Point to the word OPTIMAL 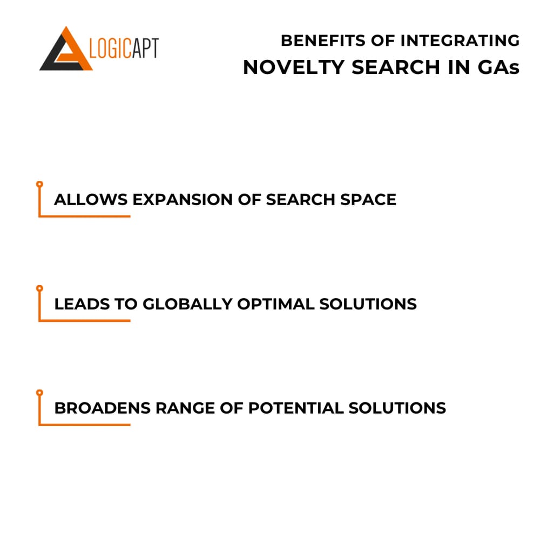pos(275,303)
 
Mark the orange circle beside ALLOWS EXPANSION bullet pos(39,184)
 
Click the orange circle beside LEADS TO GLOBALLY pos(39,288)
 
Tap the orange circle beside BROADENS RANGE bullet pos(39,393)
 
